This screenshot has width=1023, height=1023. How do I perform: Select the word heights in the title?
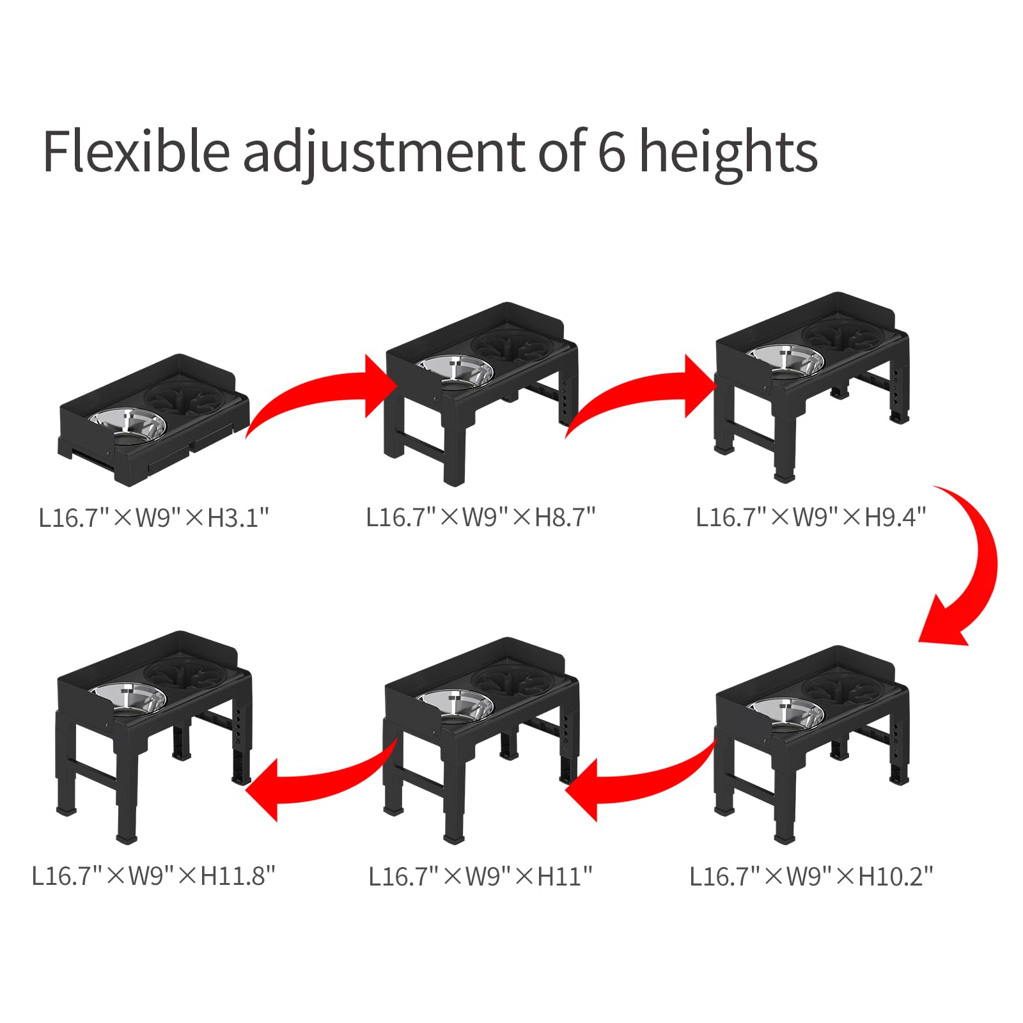point(728,152)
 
